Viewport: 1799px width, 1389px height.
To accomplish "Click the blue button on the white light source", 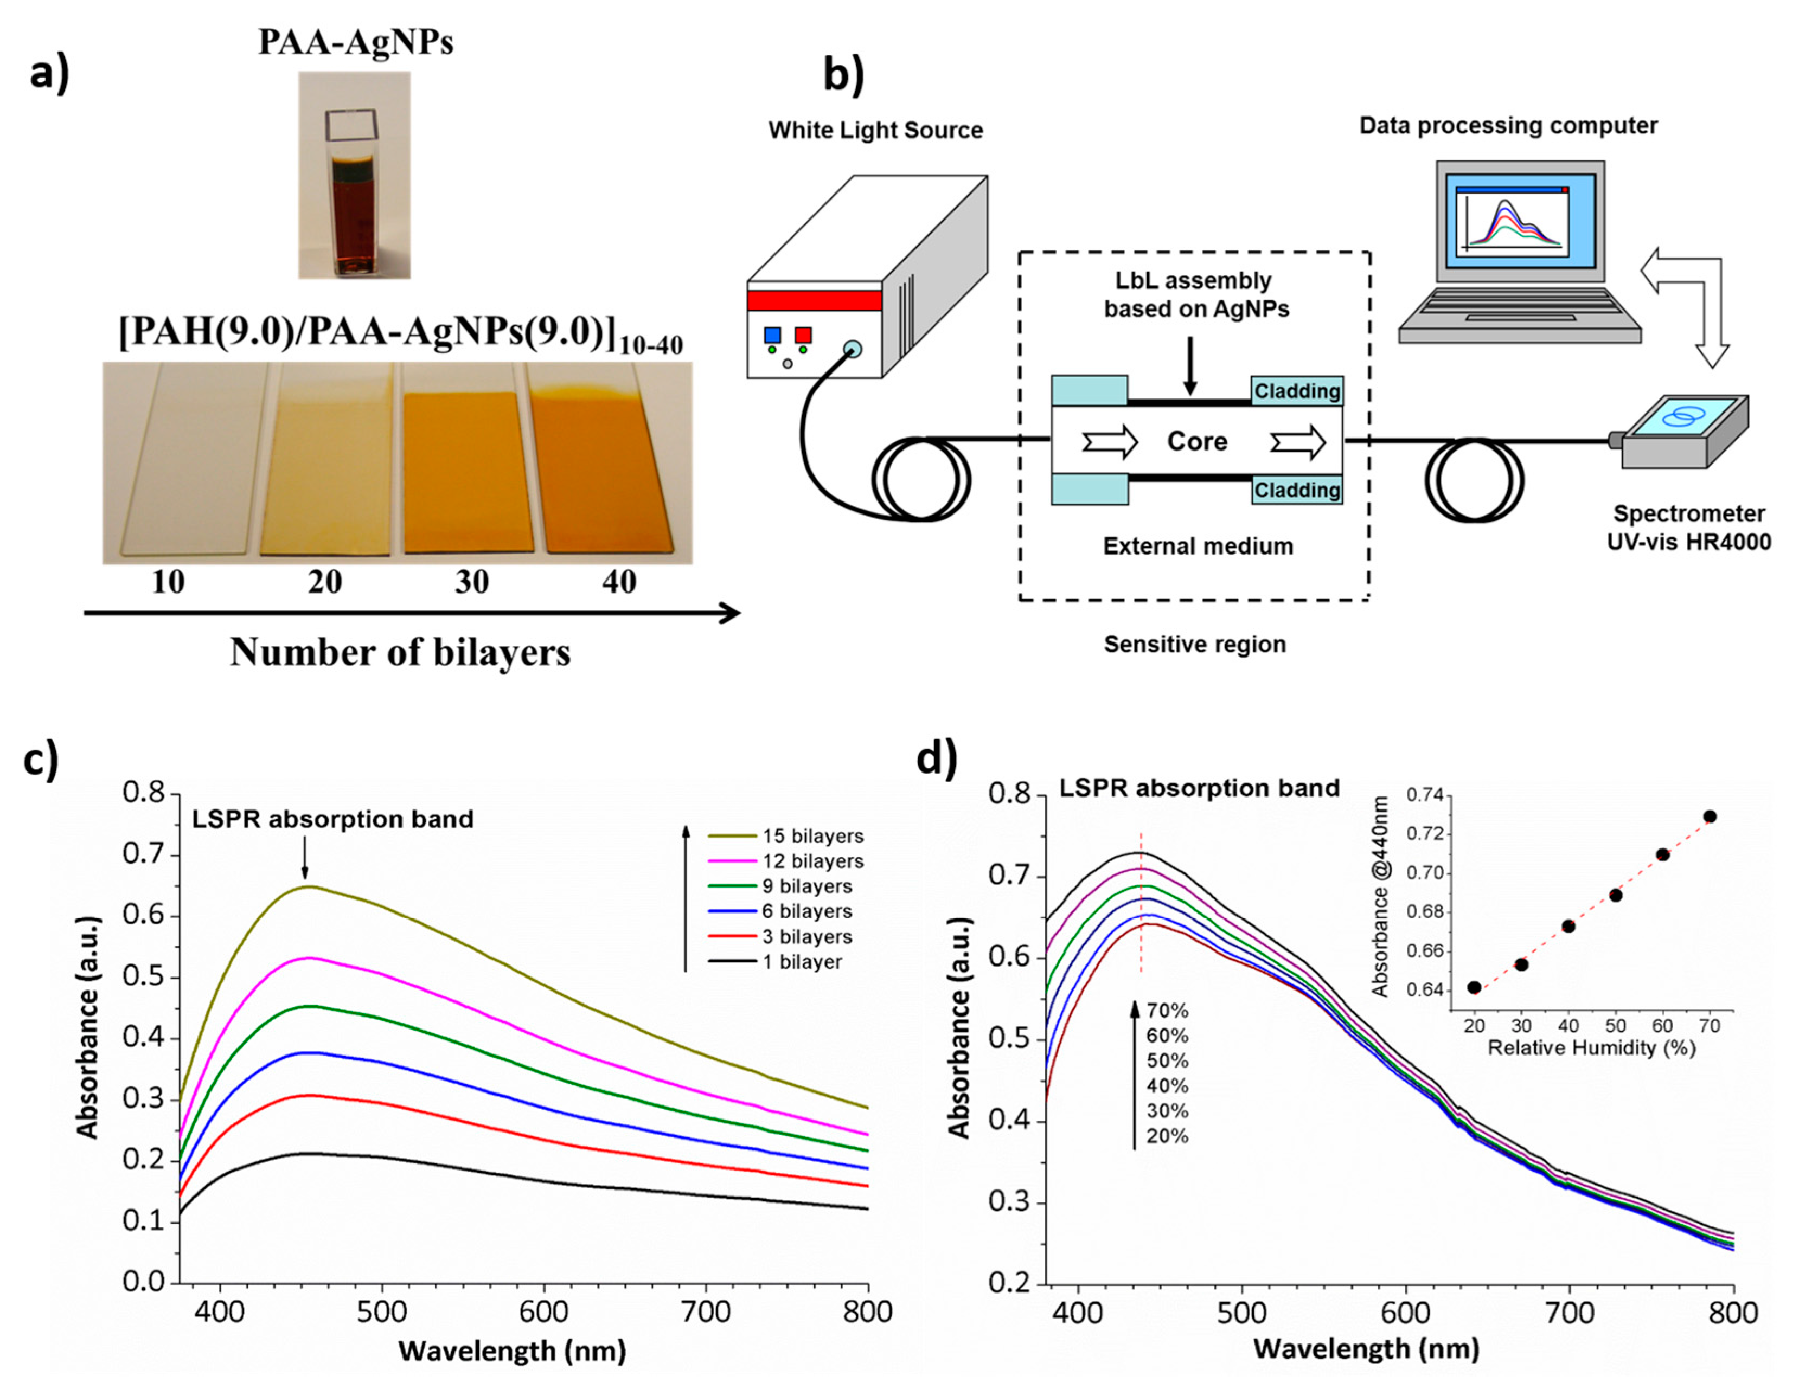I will click(772, 335).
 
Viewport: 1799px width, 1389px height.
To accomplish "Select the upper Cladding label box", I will click(1297, 391).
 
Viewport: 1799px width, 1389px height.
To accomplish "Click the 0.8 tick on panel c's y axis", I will click(146, 793).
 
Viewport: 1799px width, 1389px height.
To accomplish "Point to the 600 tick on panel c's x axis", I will click(543, 1311).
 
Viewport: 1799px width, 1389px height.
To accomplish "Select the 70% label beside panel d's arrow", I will click(1167, 1010).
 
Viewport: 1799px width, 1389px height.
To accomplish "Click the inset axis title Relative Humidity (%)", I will click(1591, 1048).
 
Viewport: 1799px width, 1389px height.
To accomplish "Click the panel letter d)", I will click(937, 757).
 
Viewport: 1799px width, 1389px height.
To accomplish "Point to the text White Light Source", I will click(875, 130).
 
